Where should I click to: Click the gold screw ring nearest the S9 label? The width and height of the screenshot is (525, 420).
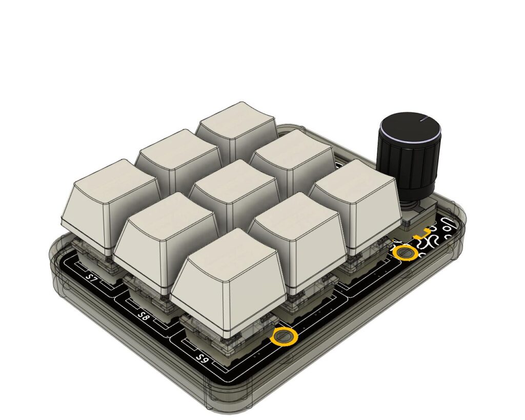(x=284, y=337)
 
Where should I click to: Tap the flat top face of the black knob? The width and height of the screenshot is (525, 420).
(x=409, y=125)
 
